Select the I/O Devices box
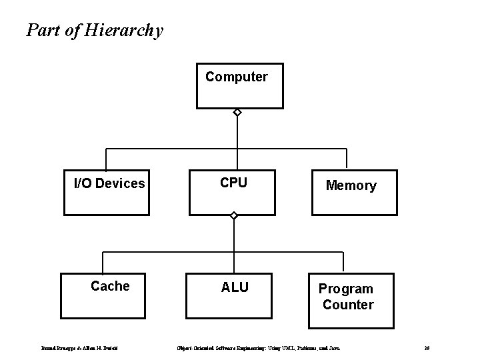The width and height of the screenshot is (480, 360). point(107,193)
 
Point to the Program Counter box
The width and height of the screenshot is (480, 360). point(347,301)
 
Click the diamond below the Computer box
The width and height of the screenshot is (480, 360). point(236,113)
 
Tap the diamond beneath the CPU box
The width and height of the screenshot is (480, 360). point(233,216)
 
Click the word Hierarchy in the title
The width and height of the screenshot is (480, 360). point(124,31)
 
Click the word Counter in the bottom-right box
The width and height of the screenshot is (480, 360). point(348,305)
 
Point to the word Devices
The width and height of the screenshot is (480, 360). point(121,183)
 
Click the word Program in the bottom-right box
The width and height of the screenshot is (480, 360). point(345,289)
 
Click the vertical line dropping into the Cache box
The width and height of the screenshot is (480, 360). point(102,263)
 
